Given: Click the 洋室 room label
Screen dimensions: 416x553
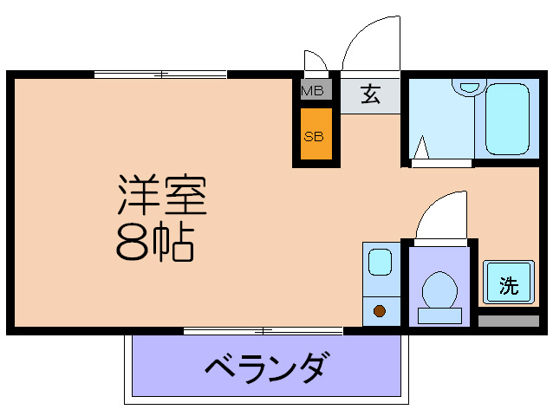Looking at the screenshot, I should pyautogui.click(x=162, y=196).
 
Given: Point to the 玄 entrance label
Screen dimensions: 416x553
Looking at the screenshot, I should pyautogui.click(x=371, y=94).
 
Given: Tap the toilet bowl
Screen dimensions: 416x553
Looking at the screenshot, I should pyautogui.click(x=439, y=288).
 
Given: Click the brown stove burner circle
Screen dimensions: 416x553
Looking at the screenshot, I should pyautogui.click(x=379, y=310).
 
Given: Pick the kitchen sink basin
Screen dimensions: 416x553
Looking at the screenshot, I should pyautogui.click(x=379, y=262).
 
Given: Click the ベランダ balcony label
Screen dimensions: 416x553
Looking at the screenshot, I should pyautogui.click(x=267, y=368).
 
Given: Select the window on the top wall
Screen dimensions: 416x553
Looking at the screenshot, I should pyautogui.click(x=160, y=75).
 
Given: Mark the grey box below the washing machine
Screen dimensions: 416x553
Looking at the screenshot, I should pyautogui.click(x=508, y=321).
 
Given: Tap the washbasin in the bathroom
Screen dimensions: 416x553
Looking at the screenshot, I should pyautogui.click(x=469, y=86).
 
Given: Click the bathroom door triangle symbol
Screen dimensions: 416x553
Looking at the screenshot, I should pyautogui.click(x=422, y=150).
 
